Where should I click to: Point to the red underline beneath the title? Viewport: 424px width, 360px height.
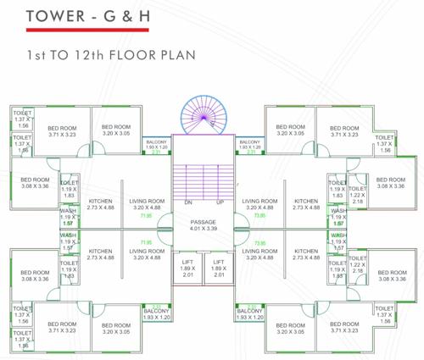77,30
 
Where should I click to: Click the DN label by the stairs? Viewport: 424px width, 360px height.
187,203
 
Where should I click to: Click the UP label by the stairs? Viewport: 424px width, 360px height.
220,203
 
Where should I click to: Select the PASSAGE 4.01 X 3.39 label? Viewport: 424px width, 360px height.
204,224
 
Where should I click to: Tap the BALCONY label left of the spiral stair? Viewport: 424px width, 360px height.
156,145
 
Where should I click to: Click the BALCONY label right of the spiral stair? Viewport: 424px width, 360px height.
249,145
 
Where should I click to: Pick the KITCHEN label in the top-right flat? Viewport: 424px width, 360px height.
306,204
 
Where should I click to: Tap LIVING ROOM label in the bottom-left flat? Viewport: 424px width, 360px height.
146,254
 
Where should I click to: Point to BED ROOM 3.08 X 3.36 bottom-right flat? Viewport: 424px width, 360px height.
392,275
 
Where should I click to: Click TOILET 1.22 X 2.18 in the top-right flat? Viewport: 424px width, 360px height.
357,196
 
